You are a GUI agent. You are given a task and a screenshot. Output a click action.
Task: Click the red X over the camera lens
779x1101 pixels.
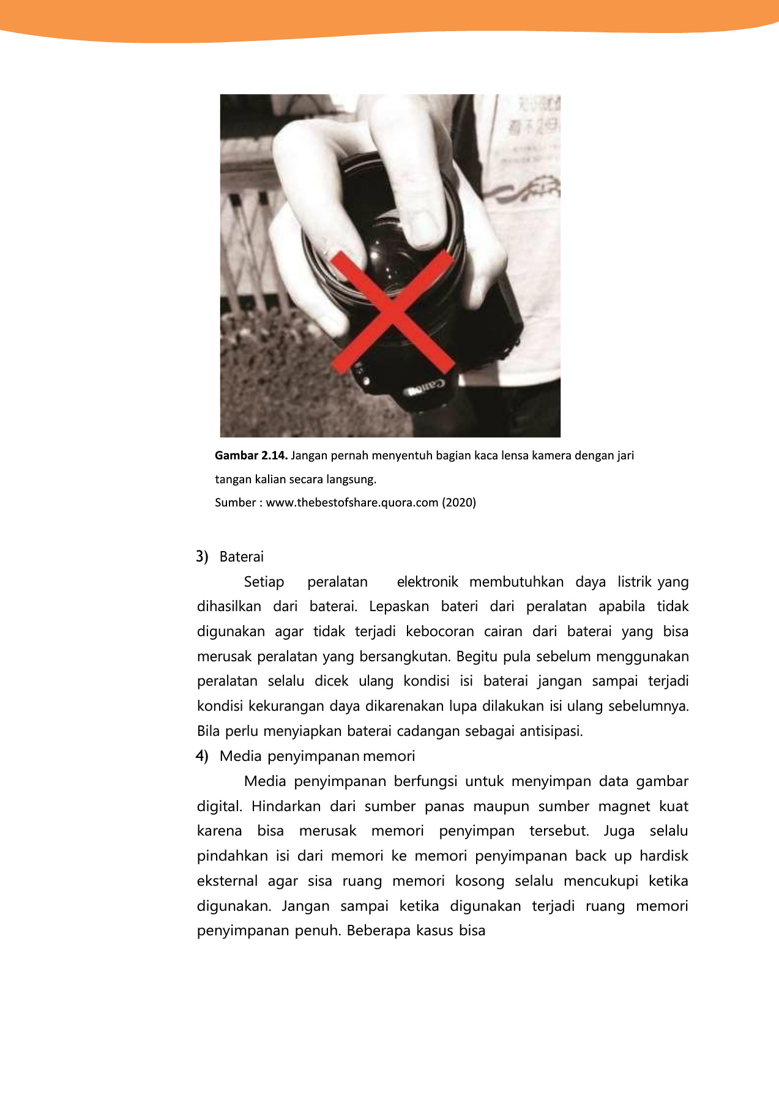(x=392, y=312)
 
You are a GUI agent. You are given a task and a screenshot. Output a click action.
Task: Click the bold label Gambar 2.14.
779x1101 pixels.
(x=251, y=456)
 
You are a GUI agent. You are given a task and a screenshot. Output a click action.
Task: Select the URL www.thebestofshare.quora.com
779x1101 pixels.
(x=352, y=503)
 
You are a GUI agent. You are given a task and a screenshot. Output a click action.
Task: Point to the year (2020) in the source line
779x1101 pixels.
(x=459, y=503)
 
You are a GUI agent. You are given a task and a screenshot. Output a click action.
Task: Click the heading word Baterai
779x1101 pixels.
(x=242, y=557)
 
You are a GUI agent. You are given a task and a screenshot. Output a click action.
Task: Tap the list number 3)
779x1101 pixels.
(x=203, y=557)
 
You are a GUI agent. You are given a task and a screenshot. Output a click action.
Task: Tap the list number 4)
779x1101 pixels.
(x=203, y=756)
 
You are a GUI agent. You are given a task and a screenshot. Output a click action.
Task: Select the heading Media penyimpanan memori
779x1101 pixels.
(x=317, y=756)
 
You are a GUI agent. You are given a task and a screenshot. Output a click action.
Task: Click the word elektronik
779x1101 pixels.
(x=427, y=582)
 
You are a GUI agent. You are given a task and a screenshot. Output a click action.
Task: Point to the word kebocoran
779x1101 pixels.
(x=439, y=631)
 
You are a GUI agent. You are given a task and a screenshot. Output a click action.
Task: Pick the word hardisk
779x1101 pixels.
(x=663, y=856)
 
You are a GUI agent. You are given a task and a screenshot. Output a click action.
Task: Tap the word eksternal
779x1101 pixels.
(x=227, y=881)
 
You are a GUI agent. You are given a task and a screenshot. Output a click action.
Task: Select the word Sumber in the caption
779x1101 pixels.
(x=235, y=503)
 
